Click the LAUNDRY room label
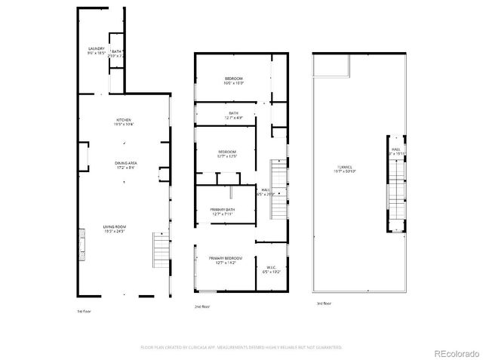(96, 50)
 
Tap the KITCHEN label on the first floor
(124, 120)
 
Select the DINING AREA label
(125, 163)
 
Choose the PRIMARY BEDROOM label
(226, 258)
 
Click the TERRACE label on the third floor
(346, 167)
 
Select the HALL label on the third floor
(395, 149)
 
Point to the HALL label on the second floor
(266, 189)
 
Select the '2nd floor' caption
(202, 306)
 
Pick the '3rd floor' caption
(324, 303)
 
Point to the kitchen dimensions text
(124, 124)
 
